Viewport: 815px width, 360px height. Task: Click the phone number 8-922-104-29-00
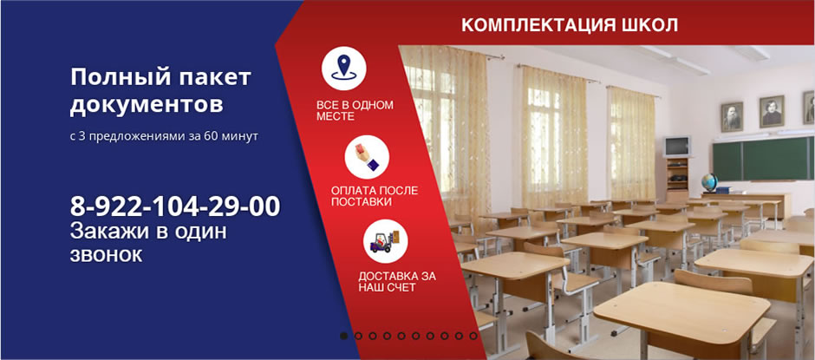[x=175, y=206]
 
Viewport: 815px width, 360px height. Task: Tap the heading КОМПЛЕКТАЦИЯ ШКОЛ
[x=570, y=25]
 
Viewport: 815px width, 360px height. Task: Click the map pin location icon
[x=343, y=69]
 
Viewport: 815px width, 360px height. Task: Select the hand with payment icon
[x=367, y=157]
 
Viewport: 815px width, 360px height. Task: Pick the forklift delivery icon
[x=385, y=241]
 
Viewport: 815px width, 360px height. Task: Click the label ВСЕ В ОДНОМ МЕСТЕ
[x=355, y=111]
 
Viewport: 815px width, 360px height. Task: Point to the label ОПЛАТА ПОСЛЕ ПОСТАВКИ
[x=375, y=196]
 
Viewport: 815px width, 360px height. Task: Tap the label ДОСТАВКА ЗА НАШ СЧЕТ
[x=397, y=281]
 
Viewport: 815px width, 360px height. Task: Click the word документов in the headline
[x=147, y=104]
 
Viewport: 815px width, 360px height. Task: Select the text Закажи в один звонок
[x=148, y=243]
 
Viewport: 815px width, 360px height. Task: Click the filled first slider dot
[x=343, y=336]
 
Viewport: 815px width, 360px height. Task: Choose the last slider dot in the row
[x=473, y=336]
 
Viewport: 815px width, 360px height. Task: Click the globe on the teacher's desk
[x=709, y=183]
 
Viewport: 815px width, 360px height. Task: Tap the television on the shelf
[x=677, y=147]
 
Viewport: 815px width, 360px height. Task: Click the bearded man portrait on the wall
[x=732, y=116]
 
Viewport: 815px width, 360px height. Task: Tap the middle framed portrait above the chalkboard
[x=772, y=111]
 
